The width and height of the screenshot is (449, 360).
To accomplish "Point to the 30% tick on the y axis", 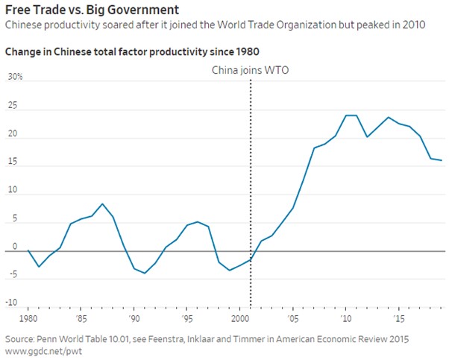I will [15, 77].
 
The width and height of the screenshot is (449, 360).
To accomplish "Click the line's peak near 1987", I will [102, 203].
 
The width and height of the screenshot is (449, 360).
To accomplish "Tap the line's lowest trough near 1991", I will [145, 273].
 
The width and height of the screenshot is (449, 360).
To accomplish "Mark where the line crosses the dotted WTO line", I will [251, 259].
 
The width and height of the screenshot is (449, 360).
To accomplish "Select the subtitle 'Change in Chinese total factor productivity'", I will [119, 52].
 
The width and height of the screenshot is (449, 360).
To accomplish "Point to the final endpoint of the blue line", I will [442, 160].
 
